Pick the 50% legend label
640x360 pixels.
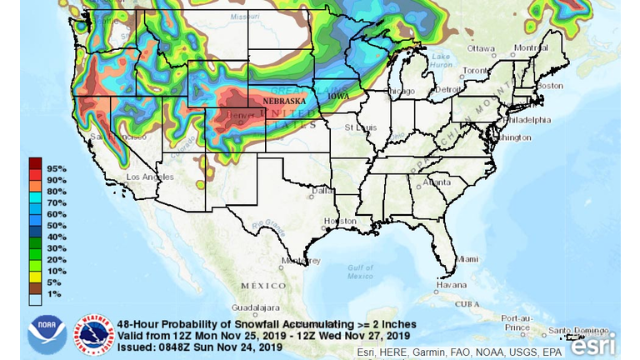click(x=57, y=226)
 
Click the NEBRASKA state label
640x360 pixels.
click(x=284, y=101)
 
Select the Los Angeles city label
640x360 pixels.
click(x=149, y=177)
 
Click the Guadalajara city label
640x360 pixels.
click(x=242, y=307)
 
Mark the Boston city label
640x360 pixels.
click(x=551, y=85)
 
